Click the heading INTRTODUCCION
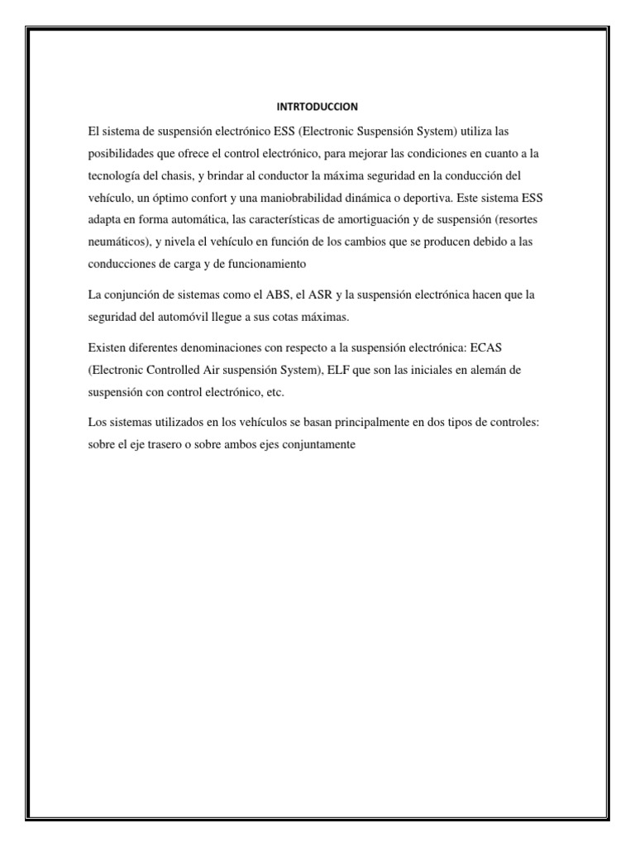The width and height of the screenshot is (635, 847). point(317,107)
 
